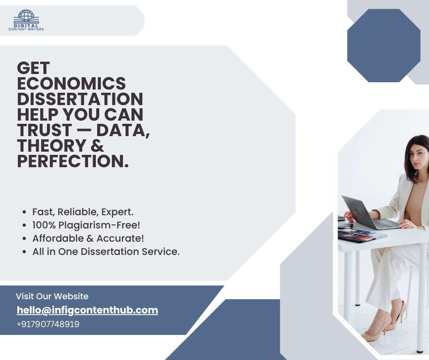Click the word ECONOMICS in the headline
coord(72,84)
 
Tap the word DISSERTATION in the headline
coord(80,99)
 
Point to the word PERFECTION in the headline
coord(73,161)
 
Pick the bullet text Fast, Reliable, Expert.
coord(83,212)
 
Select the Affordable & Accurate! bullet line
coord(88,238)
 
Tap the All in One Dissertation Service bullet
coord(106,252)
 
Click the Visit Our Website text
coord(52,296)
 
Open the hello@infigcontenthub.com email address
coord(87,310)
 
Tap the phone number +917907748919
coord(47,324)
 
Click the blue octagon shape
coord(383,45)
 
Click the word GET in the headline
coord(33,68)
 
